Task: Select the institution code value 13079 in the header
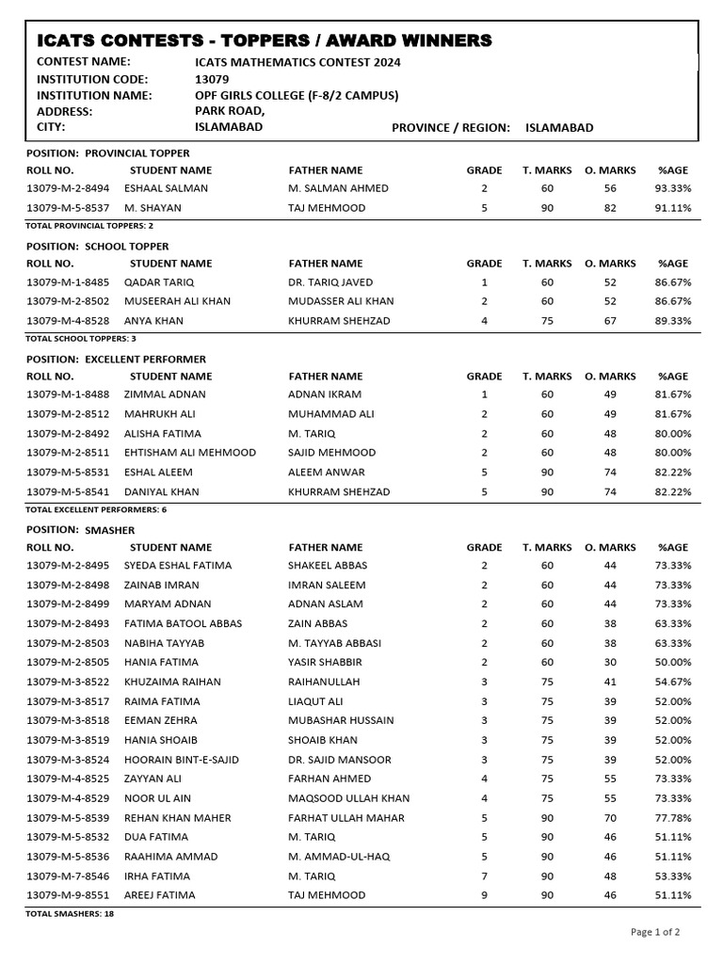pos(211,79)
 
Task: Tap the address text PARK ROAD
pos(229,111)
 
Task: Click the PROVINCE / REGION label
pos(450,128)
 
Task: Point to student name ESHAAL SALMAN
pos(166,188)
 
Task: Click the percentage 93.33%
pos(672,188)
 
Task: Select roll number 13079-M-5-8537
pos(68,208)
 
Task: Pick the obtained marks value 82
pos(610,208)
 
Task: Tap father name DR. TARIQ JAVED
pos(329,282)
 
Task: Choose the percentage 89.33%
pos(672,321)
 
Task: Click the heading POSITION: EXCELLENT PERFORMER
pos(116,359)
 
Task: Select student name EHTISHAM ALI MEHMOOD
pos(189,453)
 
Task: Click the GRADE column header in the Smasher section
pos(484,547)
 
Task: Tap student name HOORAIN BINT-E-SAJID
pos(181,760)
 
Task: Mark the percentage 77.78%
pos(672,818)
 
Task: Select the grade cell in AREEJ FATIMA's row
pos(484,895)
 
